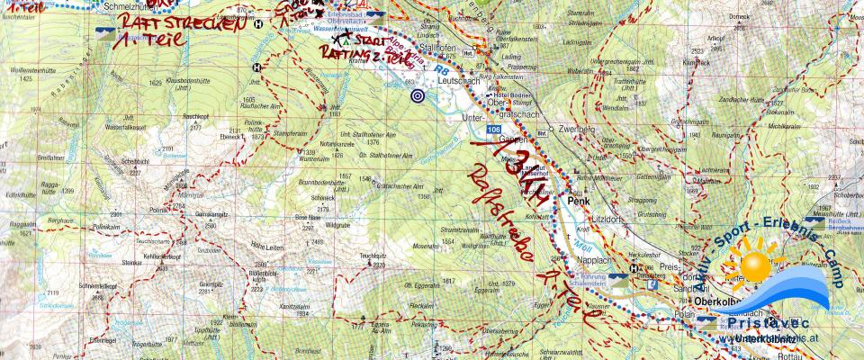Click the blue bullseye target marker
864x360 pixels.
coord(417,94)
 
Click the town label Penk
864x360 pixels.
coord(577,202)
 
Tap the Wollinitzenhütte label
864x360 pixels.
coord(27,69)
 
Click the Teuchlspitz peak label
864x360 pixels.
coord(373,256)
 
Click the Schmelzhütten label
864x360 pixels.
coord(128,5)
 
